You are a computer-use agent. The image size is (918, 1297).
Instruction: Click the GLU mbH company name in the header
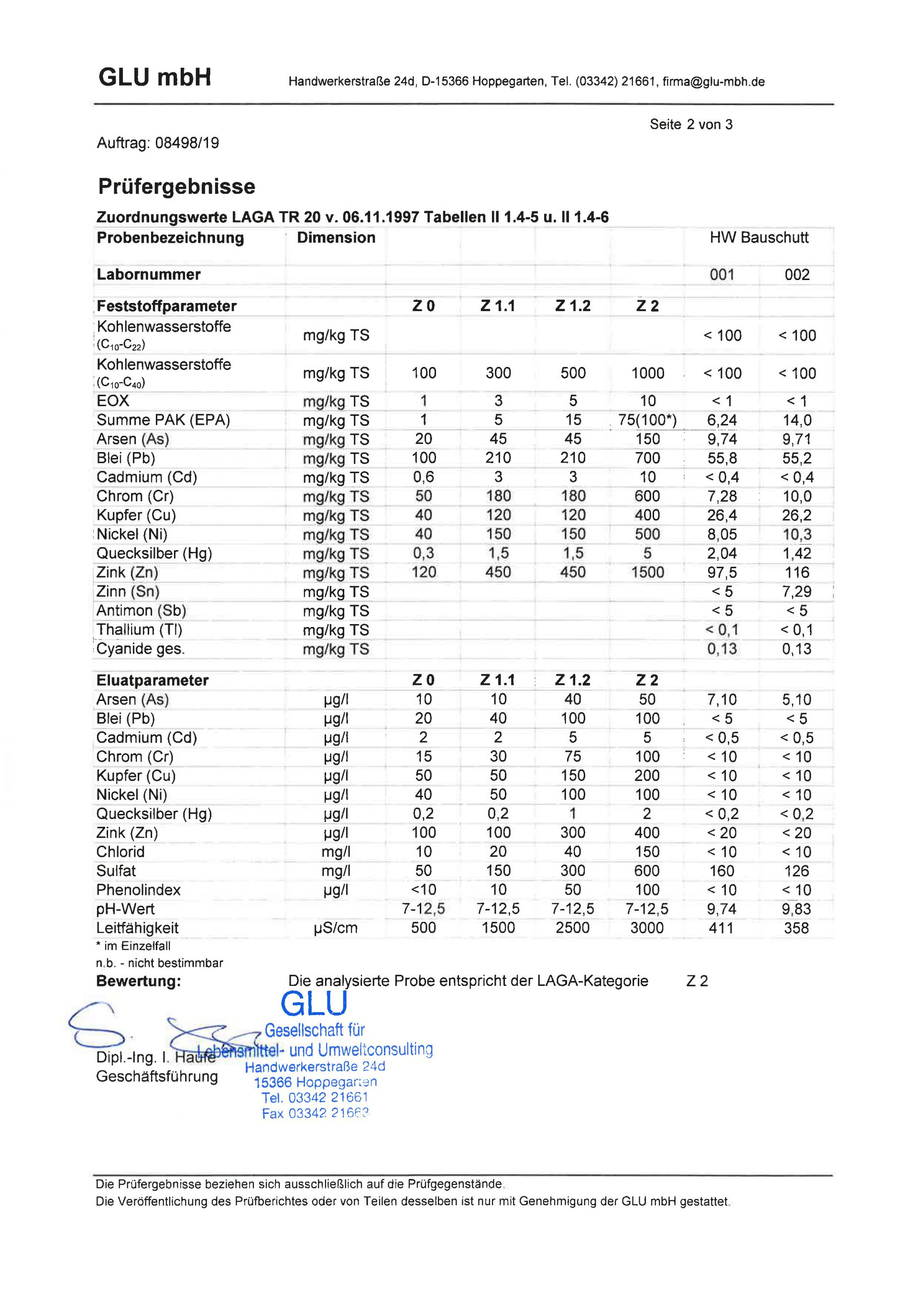pos(154,77)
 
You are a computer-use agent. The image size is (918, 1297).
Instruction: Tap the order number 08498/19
pos(186,143)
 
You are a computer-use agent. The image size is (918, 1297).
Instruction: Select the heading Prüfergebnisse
pos(176,186)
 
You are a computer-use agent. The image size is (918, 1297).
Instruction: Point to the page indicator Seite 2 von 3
pos(691,124)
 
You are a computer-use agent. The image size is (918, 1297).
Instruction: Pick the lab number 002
pos(797,275)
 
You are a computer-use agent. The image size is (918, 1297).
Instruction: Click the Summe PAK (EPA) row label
pos(164,420)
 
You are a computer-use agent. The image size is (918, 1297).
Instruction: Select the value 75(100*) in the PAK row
pos(647,420)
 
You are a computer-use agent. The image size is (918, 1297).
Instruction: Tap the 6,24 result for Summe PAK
pos(722,420)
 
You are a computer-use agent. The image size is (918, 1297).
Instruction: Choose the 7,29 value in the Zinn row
pos(797,592)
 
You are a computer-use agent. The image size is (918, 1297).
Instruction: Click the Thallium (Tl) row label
pos(139,630)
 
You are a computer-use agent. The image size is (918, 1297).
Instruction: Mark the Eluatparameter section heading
pos(153,680)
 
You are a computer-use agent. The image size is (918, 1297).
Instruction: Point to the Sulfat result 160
pos(722,871)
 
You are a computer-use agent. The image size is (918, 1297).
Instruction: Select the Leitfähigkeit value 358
pos(797,928)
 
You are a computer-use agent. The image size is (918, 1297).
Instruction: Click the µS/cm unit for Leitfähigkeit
pos(336,928)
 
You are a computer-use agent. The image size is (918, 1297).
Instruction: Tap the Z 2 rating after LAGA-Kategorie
pos(697,981)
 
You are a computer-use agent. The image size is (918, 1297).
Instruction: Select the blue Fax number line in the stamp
pos(315,1113)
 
